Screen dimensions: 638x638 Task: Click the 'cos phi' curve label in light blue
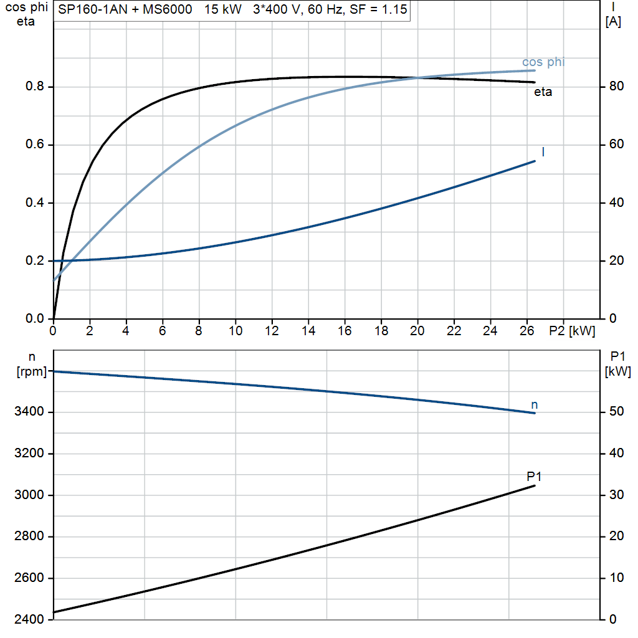pyautogui.click(x=543, y=62)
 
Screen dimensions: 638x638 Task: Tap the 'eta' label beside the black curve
pyautogui.click(x=543, y=92)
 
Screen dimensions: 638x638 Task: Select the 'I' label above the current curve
pyautogui.click(x=543, y=152)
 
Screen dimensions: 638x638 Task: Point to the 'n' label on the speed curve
pyautogui.click(x=534, y=405)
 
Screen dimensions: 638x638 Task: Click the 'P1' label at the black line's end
pyautogui.click(x=534, y=476)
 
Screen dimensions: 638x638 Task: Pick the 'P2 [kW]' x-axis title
pyautogui.click(x=572, y=331)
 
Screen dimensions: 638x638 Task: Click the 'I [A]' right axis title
pyautogui.click(x=613, y=14)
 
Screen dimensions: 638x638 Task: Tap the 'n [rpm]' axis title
pyautogui.click(x=32, y=364)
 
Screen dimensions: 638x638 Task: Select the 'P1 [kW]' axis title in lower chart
pyautogui.click(x=617, y=364)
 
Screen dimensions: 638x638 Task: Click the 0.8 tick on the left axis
pyautogui.click(x=35, y=86)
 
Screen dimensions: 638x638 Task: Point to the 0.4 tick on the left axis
pyautogui.click(x=35, y=202)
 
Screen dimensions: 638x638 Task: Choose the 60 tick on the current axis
pyautogui.click(x=616, y=144)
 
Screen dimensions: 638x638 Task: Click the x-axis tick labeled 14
pyautogui.click(x=308, y=331)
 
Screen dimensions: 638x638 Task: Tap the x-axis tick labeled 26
pyautogui.click(x=527, y=331)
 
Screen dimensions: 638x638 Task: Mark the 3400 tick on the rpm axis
pyautogui.click(x=29, y=411)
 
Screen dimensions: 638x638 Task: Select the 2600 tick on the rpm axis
pyautogui.click(x=29, y=578)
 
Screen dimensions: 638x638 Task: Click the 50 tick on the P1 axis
pyautogui.click(x=616, y=411)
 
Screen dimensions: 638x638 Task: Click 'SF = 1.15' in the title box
pyautogui.click(x=378, y=9)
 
